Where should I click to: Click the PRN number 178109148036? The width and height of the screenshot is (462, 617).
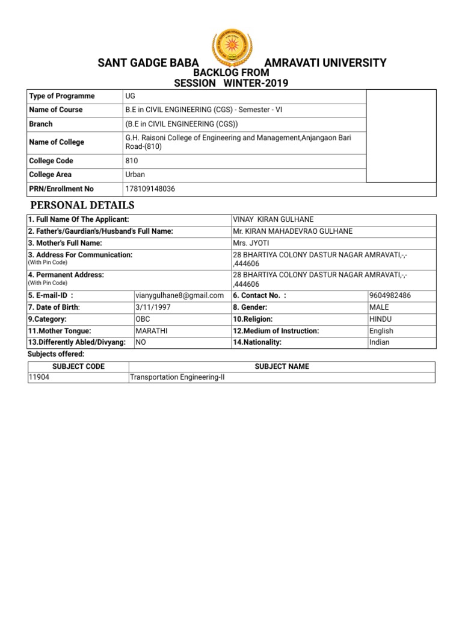click(150, 189)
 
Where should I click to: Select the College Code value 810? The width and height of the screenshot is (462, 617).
click(132, 161)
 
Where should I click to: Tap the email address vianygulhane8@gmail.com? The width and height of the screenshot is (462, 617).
click(180, 295)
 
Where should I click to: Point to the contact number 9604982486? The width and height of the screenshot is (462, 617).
click(390, 295)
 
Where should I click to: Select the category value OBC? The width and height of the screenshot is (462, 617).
click(143, 319)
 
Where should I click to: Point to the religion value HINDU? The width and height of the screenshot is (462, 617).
click(381, 319)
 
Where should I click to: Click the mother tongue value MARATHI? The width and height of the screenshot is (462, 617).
click(151, 331)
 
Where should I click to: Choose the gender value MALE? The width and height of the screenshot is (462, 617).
click(379, 307)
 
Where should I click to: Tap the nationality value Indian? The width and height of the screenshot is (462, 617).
click(380, 342)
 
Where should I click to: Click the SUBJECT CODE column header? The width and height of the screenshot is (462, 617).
click(78, 366)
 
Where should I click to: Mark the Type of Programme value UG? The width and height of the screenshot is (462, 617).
click(131, 96)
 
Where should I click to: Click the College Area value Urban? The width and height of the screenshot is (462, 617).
click(134, 175)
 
